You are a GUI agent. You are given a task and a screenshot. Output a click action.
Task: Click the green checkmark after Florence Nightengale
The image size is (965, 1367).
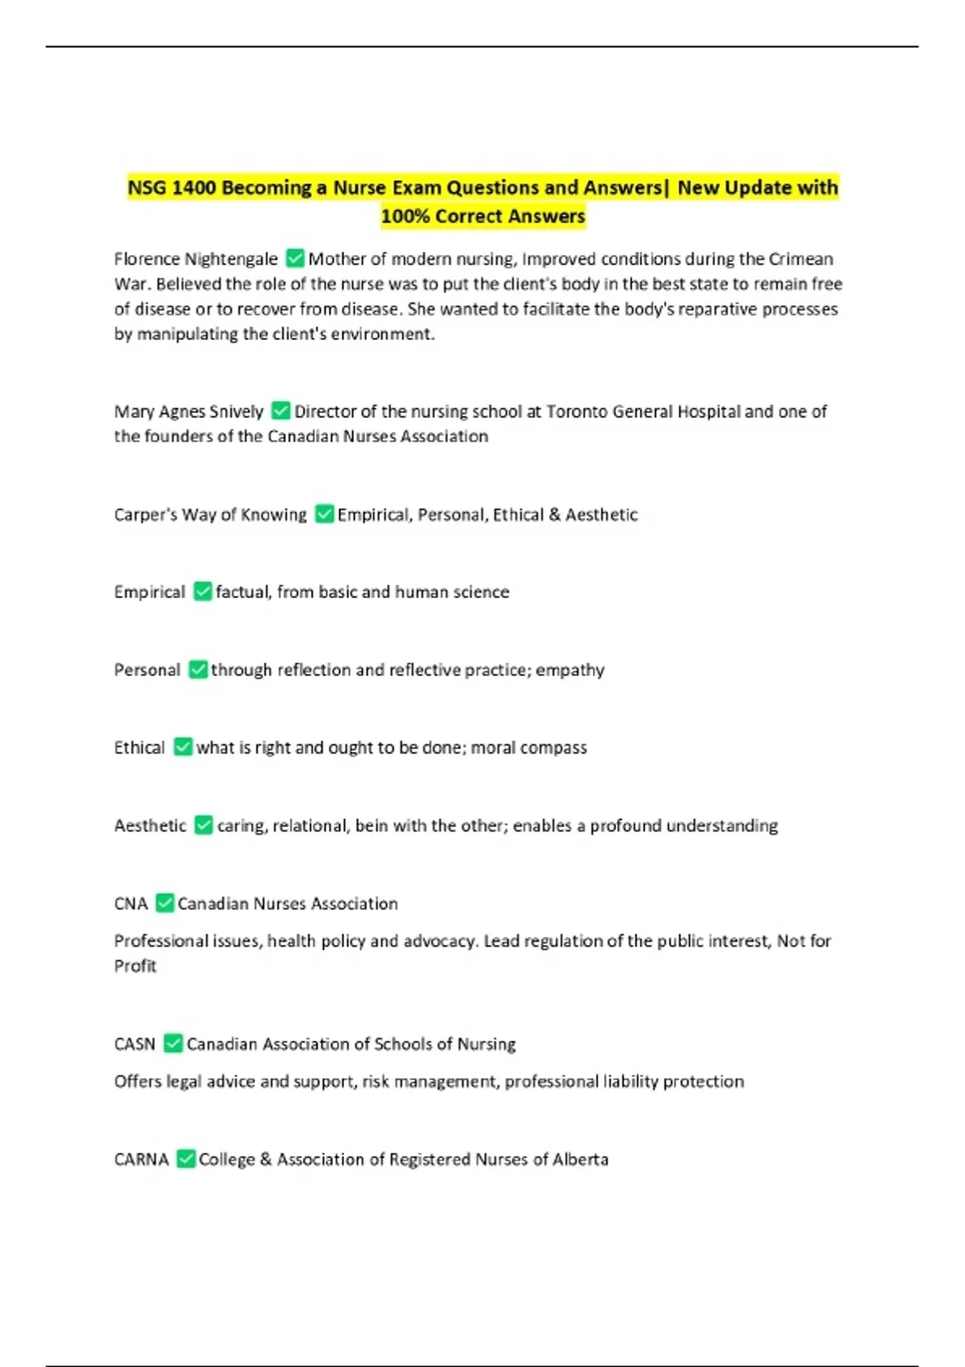point(295,258)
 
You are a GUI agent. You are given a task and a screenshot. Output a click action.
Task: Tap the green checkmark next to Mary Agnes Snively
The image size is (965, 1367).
point(281,411)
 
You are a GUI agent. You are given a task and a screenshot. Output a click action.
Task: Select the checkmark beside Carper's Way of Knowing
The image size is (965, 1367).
point(324,514)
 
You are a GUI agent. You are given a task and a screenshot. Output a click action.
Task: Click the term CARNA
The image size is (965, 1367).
point(142,1159)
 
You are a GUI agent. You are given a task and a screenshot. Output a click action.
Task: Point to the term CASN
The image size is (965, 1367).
point(134,1044)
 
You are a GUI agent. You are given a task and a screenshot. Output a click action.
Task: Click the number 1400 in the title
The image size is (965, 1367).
point(194,187)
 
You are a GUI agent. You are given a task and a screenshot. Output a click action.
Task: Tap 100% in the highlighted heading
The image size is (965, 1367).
point(404,216)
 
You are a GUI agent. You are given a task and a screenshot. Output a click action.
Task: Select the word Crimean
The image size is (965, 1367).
point(801,259)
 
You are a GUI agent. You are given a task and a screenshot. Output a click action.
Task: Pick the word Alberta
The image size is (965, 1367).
point(580,1159)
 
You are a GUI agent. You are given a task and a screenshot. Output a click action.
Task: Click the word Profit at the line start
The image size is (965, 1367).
point(135,966)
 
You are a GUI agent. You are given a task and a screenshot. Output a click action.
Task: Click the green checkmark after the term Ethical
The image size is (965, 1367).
point(183,747)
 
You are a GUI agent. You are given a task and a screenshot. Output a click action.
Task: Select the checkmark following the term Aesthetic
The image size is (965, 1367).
point(203,825)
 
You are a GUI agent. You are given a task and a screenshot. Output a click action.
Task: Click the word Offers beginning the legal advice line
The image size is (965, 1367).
point(138,1082)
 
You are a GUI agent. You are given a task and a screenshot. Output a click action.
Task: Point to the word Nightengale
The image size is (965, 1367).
point(231,259)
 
